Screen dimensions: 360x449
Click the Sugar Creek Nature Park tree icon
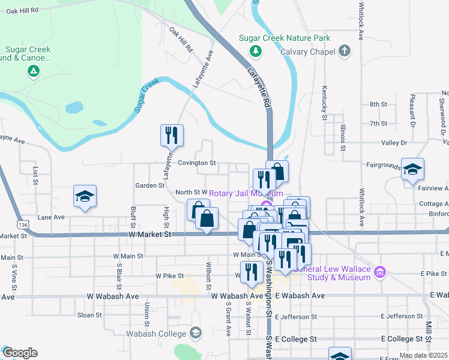click(256, 51)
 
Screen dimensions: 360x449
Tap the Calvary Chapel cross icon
click(345, 51)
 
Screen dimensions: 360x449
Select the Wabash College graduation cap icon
click(199, 333)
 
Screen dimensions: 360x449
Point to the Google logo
click(19, 353)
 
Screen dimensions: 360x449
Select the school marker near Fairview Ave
click(413, 170)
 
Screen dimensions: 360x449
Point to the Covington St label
click(196, 163)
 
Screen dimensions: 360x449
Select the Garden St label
click(149, 185)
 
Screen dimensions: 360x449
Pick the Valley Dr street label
click(394, 143)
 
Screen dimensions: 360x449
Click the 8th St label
click(378, 104)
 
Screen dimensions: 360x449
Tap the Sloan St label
click(89, 314)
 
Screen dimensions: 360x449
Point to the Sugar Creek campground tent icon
click(34, 72)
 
